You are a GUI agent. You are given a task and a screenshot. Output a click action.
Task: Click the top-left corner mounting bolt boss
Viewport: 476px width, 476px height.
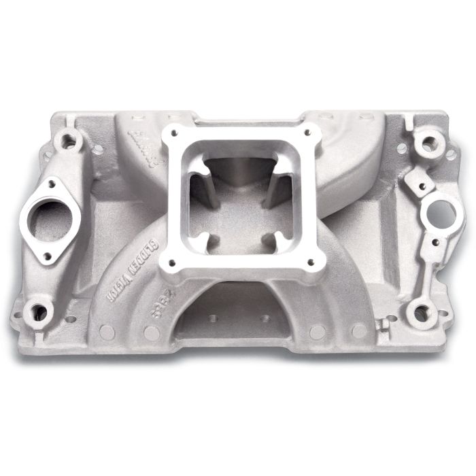pyautogui.click(x=69, y=141)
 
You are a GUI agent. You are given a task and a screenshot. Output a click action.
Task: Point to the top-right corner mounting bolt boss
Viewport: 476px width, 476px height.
pyautogui.click(x=428, y=144)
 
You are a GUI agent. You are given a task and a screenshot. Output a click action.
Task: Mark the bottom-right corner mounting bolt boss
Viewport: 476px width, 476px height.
pyautogui.click(x=422, y=313)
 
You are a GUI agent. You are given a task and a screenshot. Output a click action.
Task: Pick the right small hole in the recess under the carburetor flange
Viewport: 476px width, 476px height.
pyautogui.click(x=265, y=318)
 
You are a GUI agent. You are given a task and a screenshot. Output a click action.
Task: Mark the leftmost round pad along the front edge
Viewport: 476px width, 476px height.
pyautogui.click(x=107, y=331)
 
